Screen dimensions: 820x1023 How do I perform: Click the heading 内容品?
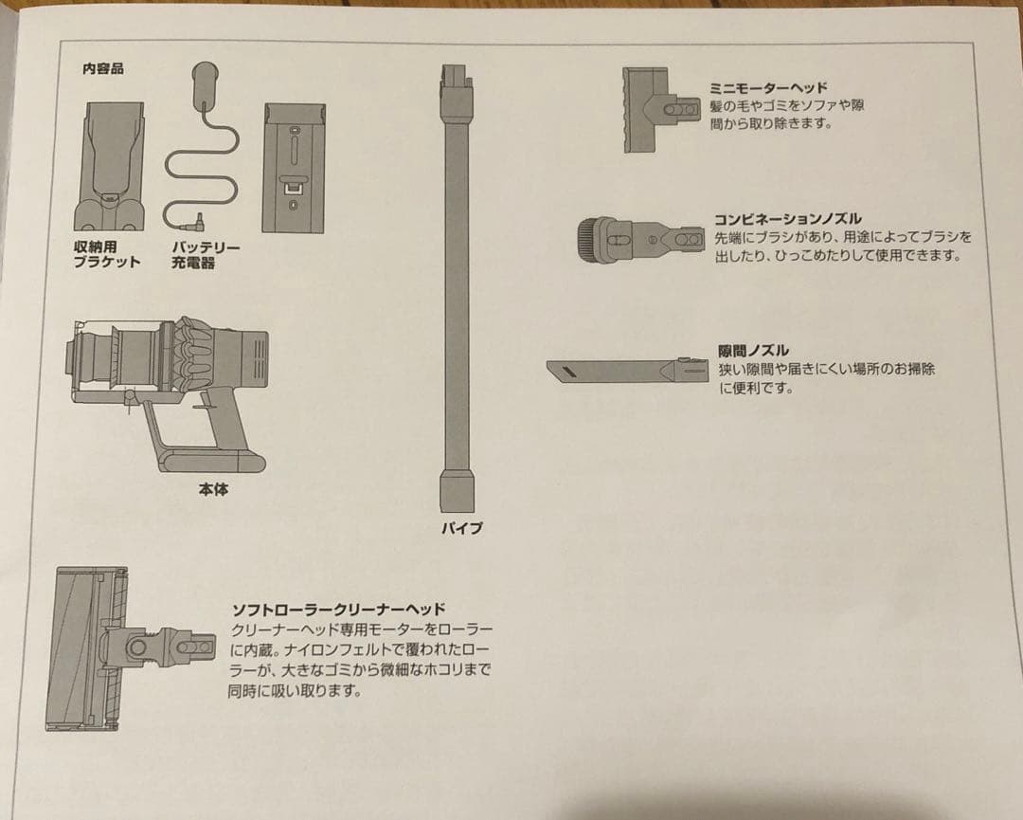pyautogui.click(x=103, y=69)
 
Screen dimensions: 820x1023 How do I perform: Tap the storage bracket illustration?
pyautogui.click(x=115, y=165)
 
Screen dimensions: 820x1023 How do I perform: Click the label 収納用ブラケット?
pyautogui.click(x=107, y=255)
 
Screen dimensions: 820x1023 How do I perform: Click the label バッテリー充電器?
pyautogui.click(x=206, y=255)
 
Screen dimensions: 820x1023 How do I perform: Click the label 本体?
pyautogui.click(x=213, y=490)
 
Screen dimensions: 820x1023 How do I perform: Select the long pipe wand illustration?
pyautogui.click(x=456, y=284)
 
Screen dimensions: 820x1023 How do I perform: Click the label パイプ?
pyautogui.click(x=461, y=528)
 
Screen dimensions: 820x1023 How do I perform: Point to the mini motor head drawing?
pyautogui.click(x=662, y=109)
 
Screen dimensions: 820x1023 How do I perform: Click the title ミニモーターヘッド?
pyautogui.click(x=768, y=87)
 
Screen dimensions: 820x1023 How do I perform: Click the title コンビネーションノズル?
pyautogui.click(x=787, y=219)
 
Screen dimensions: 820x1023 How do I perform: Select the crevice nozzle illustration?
pyautogui.click(x=625, y=370)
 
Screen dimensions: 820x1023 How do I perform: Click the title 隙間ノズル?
pyautogui.click(x=753, y=351)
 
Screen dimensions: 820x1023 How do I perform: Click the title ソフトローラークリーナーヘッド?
pyautogui.click(x=338, y=610)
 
